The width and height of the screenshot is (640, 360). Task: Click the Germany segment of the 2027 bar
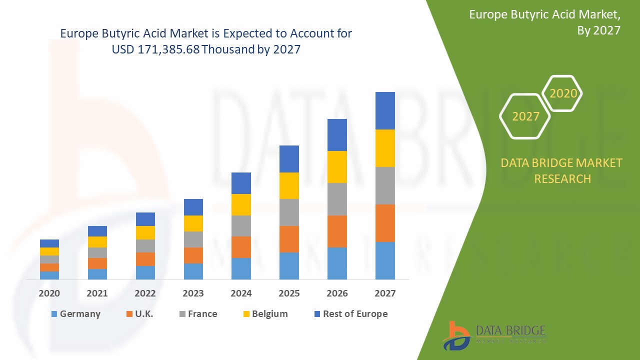[x=385, y=260]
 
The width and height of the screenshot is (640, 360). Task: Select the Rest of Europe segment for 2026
[x=337, y=135]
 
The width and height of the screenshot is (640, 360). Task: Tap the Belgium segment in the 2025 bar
[x=289, y=185]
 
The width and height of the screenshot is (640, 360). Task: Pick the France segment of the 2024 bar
[x=241, y=226]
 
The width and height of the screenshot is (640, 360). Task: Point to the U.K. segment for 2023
[x=193, y=255]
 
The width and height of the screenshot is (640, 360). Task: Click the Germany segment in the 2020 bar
[x=49, y=275]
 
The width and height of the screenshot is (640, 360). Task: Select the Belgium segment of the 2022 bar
[x=145, y=232]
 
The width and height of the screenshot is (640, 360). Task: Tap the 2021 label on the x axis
[x=97, y=293]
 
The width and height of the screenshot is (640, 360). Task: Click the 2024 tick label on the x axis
[x=241, y=293]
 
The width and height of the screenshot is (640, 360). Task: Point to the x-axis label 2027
[x=385, y=293]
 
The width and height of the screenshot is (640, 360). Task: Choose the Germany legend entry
[x=75, y=314]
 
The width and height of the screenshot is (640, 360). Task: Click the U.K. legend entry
[x=140, y=314]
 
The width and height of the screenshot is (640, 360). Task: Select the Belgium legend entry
[x=265, y=314]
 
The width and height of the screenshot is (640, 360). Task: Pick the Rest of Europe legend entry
[x=350, y=314]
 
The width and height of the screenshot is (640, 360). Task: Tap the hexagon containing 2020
[x=563, y=93]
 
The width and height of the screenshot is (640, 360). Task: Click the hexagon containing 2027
[x=525, y=116]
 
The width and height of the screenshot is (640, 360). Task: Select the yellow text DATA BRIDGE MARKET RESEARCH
[x=561, y=170]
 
